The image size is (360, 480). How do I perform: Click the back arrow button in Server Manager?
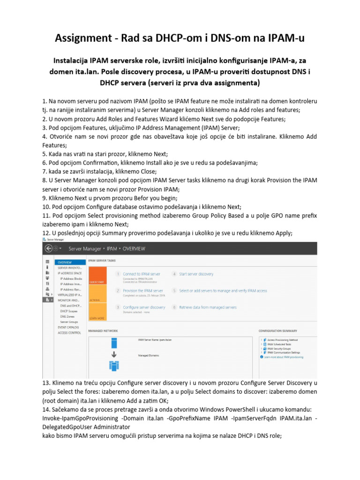pyautogui.click(x=48, y=248)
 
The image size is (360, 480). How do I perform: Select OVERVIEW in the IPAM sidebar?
pyautogui.click(x=65, y=262)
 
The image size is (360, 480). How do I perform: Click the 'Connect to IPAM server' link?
pyautogui.click(x=142, y=274)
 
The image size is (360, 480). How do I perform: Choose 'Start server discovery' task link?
pyautogui.click(x=196, y=274)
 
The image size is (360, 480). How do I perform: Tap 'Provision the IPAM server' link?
pyautogui.click(x=143, y=291)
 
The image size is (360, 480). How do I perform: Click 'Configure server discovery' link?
pyautogui.click(x=144, y=307)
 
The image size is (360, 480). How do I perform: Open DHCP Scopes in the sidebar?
pyautogui.click(x=68, y=311)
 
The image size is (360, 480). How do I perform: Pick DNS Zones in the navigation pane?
pyautogui.click(x=67, y=317)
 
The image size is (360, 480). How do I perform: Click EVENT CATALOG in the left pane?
pyautogui.click(x=68, y=327)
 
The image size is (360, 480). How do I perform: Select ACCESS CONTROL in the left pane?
pyautogui.click(x=69, y=333)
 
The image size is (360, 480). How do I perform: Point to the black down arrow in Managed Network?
pyautogui.click(x=113, y=354)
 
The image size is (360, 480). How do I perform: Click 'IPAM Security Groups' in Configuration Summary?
pyautogui.click(x=280, y=349)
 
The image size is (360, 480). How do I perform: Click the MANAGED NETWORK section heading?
pyautogui.click(x=103, y=330)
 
